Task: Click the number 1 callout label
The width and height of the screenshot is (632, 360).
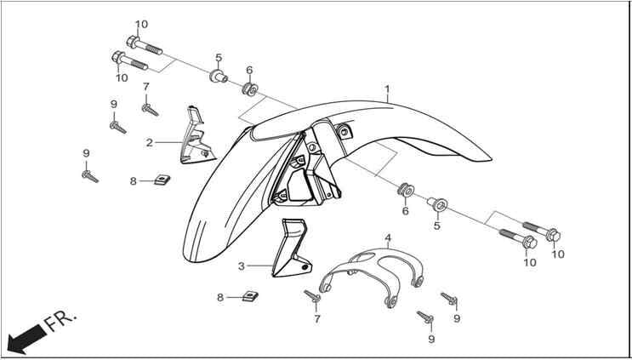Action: (387, 89)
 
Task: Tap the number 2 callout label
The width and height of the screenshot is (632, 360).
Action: (150, 143)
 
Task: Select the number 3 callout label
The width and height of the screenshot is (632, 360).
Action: (241, 266)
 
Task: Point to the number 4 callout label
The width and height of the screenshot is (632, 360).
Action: (388, 237)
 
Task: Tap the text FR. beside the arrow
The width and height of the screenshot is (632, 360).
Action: (60, 321)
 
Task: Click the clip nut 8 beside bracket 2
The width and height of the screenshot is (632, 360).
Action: (162, 180)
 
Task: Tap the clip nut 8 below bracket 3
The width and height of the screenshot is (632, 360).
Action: (250, 296)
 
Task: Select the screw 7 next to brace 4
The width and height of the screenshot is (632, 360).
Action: (312, 296)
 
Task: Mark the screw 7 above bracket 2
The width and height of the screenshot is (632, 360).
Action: (150, 110)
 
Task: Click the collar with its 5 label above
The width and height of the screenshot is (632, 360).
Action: (219, 76)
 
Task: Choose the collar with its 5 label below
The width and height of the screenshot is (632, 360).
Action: (438, 204)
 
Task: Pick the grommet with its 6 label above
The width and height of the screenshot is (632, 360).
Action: (250, 89)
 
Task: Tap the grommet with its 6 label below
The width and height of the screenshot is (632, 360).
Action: (406, 190)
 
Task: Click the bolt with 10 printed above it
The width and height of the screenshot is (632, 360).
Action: (145, 45)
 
